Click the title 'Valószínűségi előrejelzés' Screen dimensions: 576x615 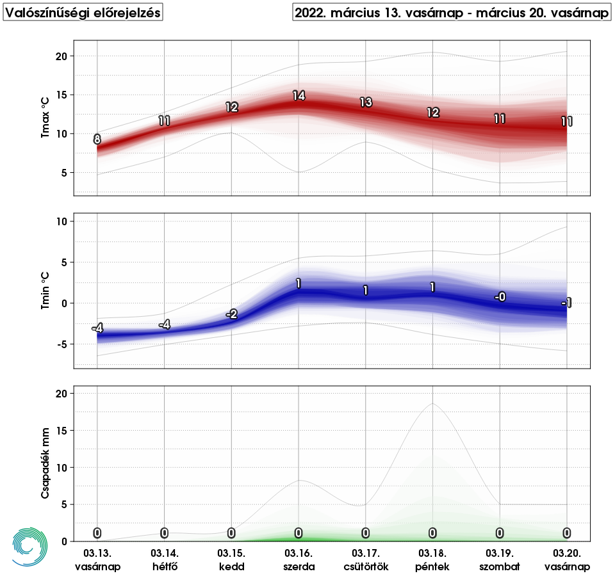click(x=83, y=13)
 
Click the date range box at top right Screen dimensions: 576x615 click(x=452, y=13)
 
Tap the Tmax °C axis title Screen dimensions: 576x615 click(x=45, y=118)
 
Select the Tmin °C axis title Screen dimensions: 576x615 click(x=45, y=291)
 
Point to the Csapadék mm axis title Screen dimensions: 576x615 click(x=45, y=463)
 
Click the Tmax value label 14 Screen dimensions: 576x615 click(x=299, y=96)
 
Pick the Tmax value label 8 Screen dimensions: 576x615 click(x=97, y=139)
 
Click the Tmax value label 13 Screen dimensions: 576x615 click(x=366, y=102)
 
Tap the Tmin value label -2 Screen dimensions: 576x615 click(x=231, y=314)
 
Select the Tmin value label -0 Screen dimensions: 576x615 click(x=500, y=297)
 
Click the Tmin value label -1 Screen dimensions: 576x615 click(x=566, y=303)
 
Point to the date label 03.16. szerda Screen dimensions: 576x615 click(x=299, y=559)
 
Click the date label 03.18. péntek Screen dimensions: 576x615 click(x=433, y=559)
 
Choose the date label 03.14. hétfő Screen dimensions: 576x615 click(x=165, y=559)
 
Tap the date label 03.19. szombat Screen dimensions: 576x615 click(x=500, y=559)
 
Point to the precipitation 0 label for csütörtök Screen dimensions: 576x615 click(x=366, y=532)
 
